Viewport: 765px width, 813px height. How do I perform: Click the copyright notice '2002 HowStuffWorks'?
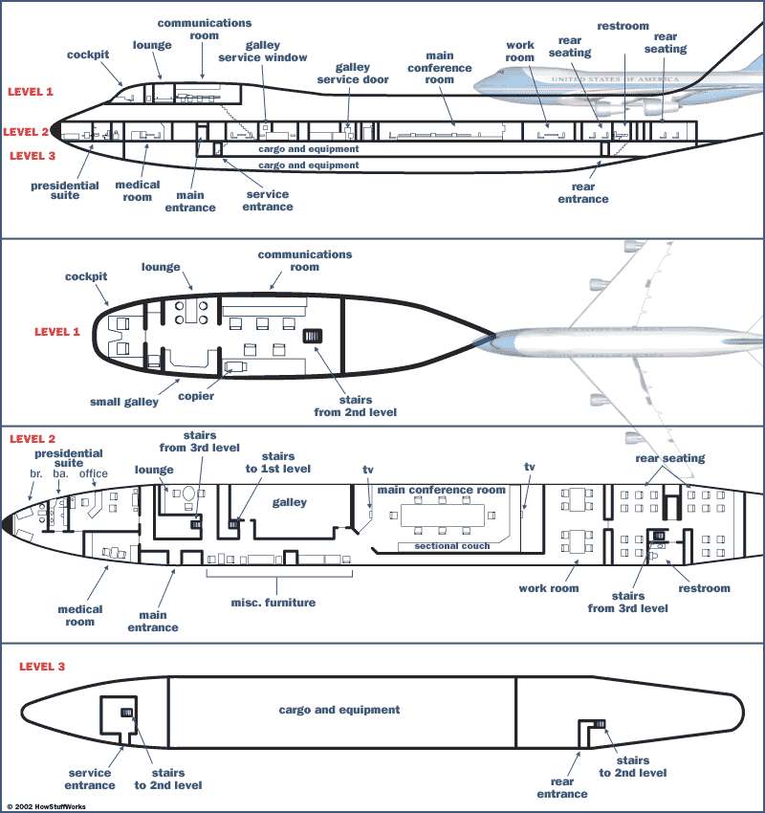tap(46, 806)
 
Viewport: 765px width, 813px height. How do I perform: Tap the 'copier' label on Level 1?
tap(196, 396)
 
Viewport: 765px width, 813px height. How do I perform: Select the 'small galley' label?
tap(124, 402)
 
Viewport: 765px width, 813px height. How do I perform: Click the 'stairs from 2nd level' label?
tap(356, 406)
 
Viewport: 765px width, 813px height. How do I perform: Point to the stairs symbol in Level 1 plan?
tap(312, 336)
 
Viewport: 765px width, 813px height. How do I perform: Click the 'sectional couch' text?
tap(452, 546)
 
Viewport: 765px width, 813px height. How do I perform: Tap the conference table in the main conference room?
tap(443, 515)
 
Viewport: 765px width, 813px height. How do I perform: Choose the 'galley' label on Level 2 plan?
tap(289, 502)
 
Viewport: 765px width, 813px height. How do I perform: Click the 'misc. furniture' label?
tap(273, 603)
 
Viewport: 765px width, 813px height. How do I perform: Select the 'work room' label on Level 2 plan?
tap(549, 588)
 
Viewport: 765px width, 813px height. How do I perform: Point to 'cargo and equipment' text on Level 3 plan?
tap(339, 710)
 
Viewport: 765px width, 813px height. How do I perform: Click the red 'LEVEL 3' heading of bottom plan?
tap(42, 667)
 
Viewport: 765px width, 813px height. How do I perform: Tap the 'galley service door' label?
tap(353, 73)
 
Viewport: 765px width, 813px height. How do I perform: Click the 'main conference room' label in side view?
tap(440, 67)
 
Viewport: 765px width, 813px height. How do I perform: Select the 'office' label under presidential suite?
tap(94, 473)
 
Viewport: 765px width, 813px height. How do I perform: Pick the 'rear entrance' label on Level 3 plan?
tap(562, 787)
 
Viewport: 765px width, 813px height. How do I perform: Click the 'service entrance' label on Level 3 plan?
tap(90, 779)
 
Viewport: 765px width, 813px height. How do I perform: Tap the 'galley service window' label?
tap(263, 52)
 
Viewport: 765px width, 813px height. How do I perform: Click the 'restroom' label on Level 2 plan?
tap(705, 588)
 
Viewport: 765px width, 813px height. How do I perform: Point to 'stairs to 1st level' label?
tap(278, 463)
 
